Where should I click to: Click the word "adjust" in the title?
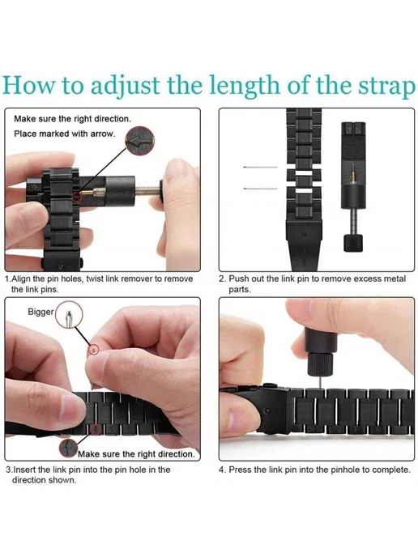coord(126,86)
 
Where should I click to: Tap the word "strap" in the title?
coord(386,87)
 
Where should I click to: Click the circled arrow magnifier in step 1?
coord(139,141)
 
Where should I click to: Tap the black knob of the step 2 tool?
coord(353,243)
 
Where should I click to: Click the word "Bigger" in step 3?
coord(41,312)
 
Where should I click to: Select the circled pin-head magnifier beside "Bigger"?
coord(70,314)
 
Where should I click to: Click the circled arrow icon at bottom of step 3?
coord(69,448)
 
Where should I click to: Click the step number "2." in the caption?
coord(222,278)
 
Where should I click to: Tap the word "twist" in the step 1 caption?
coord(96,278)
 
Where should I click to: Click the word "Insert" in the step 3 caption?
coord(25,470)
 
